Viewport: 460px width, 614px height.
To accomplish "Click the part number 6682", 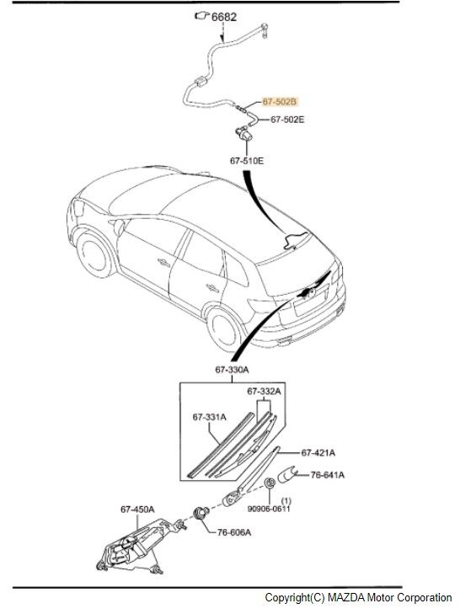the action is (224, 17).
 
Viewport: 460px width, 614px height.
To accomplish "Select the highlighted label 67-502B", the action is (280, 102).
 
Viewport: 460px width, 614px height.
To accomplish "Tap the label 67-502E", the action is (287, 120).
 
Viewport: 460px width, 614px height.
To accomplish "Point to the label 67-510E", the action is (247, 161).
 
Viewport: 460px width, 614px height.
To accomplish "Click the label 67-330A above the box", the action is (232, 369).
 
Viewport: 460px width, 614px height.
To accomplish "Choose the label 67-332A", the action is (264, 391).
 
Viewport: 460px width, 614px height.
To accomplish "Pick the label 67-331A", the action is (209, 417).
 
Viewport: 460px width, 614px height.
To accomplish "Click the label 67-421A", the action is (318, 452).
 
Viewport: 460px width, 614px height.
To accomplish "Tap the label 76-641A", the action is (327, 474).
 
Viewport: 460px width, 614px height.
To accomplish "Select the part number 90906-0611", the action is (269, 508).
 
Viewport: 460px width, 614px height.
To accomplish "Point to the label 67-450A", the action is (137, 509).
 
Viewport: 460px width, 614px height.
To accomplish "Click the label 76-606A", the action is (234, 532).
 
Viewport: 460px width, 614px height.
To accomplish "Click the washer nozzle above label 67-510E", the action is (243, 134).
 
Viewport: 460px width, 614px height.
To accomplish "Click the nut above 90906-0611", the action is (270, 483).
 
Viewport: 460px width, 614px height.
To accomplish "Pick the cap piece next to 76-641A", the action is (286, 474).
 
